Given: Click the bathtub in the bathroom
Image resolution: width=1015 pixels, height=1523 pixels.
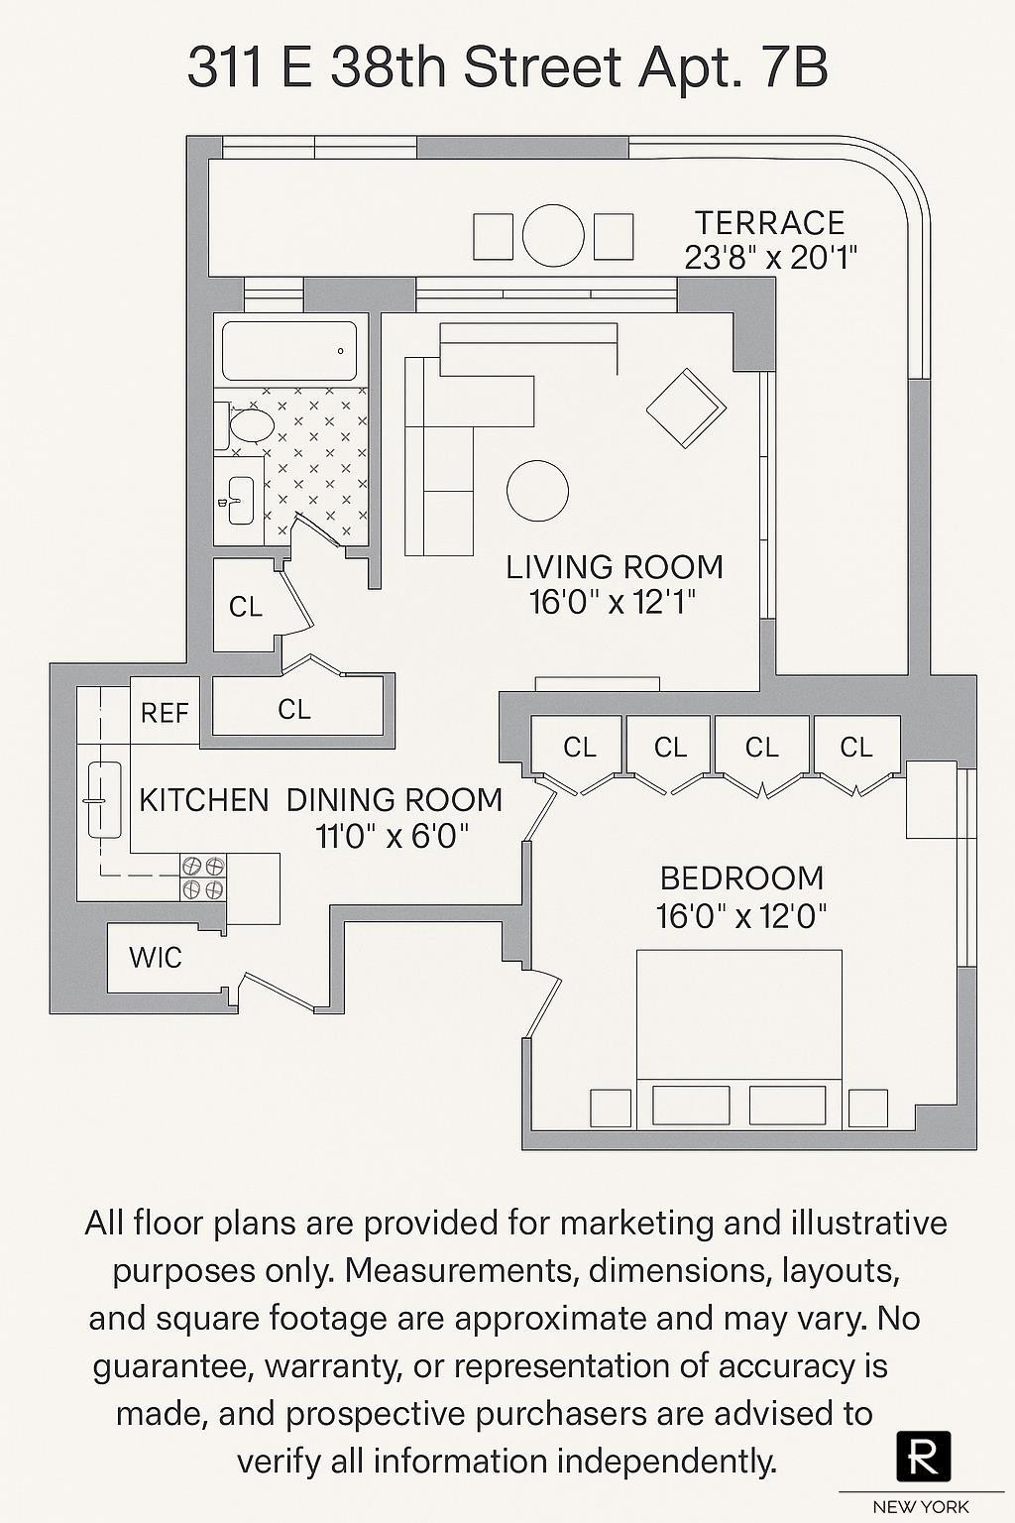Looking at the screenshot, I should (288, 351).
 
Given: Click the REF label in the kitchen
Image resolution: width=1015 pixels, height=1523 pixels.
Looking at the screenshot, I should (165, 713).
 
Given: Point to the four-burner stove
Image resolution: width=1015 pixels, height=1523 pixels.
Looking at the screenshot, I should (202, 878).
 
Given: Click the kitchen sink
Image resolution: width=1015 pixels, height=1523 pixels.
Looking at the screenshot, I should (102, 798).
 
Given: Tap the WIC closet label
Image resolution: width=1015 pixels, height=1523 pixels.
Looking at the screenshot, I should (156, 958).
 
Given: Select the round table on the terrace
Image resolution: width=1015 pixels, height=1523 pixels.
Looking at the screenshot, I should (553, 236).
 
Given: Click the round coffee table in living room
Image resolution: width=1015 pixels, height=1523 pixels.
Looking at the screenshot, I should (537, 491).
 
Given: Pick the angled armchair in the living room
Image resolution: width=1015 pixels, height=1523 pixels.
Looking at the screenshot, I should (686, 408).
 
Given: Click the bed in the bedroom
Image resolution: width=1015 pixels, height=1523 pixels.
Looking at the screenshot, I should (738, 1031).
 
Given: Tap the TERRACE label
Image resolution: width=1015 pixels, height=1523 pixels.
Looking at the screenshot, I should (770, 223).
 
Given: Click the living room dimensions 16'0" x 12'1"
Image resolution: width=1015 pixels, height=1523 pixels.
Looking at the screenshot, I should (614, 602).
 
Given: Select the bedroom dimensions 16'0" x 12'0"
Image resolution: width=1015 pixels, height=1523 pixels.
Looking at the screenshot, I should (741, 916).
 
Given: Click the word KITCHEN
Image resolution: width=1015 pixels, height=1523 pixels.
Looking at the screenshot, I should (204, 800).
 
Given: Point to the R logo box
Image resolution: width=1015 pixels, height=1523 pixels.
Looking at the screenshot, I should (923, 1455).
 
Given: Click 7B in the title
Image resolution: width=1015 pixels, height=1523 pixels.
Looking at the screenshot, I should (794, 69).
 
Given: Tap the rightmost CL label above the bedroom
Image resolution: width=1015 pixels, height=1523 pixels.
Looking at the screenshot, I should (856, 747).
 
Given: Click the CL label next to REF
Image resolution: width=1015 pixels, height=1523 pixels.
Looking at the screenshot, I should (294, 709).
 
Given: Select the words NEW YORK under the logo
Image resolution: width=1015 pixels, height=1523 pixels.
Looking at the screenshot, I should (921, 1507).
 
